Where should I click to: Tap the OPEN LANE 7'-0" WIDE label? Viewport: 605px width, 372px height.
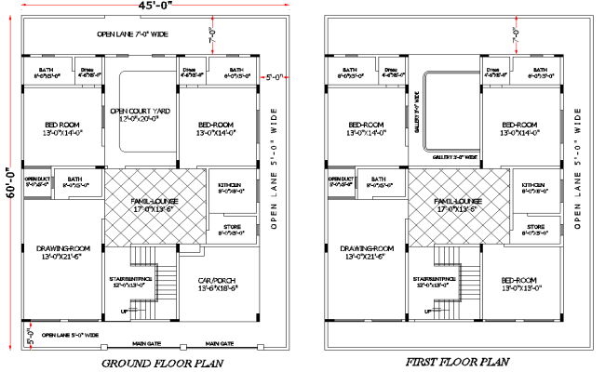tap(132, 34)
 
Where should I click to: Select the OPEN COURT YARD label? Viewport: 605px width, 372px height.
tap(137, 113)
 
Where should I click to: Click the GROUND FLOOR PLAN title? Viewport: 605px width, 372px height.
tap(161, 363)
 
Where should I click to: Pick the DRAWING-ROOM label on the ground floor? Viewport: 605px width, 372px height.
tap(62, 252)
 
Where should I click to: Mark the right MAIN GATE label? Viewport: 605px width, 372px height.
tap(219, 342)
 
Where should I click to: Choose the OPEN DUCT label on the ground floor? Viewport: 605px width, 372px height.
tap(36, 181)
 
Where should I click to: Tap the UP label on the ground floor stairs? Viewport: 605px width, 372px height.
tap(126, 312)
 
